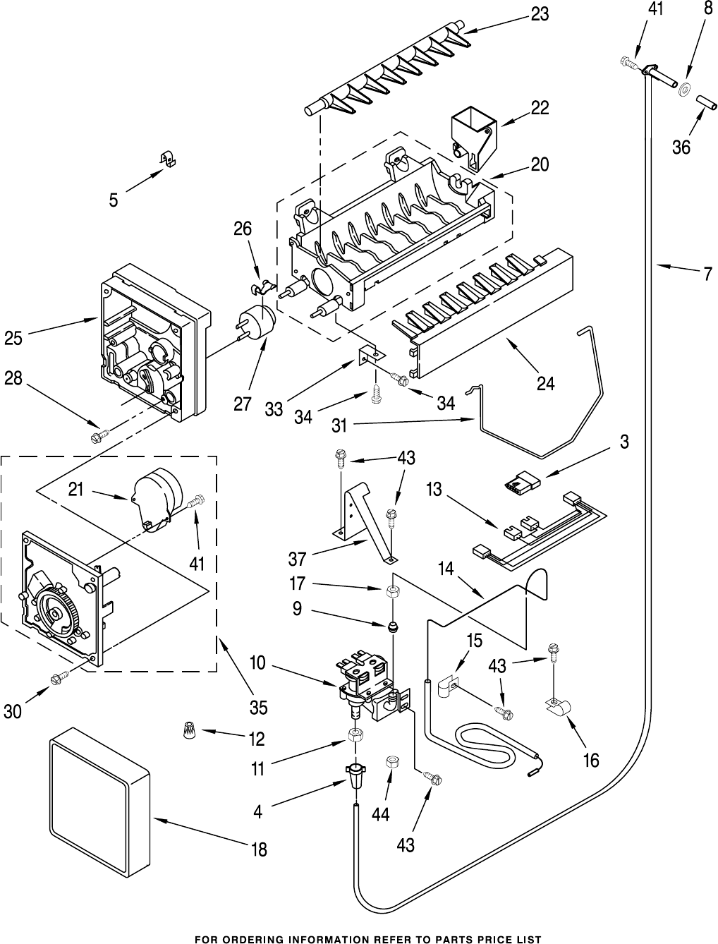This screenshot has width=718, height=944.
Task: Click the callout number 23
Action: click(x=540, y=14)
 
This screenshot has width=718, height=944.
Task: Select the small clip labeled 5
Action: click(x=166, y=160)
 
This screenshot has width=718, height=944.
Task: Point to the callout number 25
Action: click(x=13, y=338)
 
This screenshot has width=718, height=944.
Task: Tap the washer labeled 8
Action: click(x=683, y=90)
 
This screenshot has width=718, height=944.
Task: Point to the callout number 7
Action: click(x=707, y=275)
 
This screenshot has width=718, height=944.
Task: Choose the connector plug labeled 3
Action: click(x=523, y=485)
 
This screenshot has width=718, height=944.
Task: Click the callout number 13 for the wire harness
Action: click(x=434, y=489)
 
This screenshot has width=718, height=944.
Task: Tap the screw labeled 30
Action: click(x=57, y=679)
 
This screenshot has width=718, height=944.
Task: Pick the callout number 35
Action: click(x=258, y=706)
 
